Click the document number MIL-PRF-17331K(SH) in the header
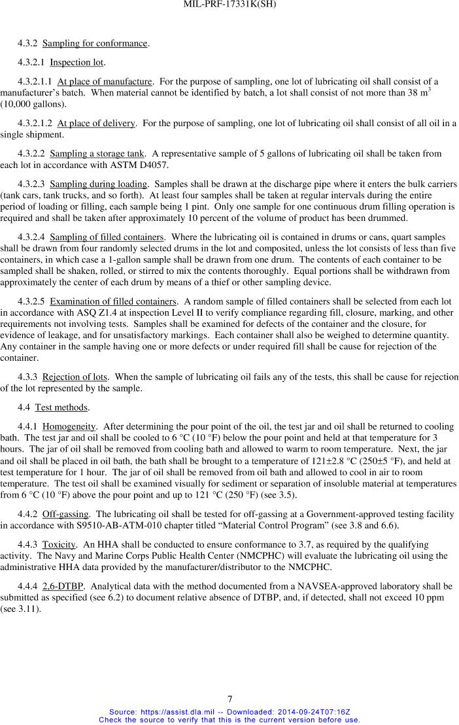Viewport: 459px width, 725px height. pyautogui.click(x=229, y=5)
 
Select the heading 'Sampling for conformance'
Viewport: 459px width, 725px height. pyautogui.click(x=95, y=44)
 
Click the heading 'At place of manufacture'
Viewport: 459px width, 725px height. pyautogui.click(x=105, y=82)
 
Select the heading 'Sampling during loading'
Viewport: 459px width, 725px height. pyautogui.click(x=99, y=184)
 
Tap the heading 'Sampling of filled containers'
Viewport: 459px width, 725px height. pyautogui.click(x=107, y=237)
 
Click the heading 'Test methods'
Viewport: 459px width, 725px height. pyautogui.click(x=61, y=407)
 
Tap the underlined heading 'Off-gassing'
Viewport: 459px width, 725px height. pyautogui.click(x=65, y=514)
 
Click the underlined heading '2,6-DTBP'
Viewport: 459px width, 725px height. pyautogui.click(x=62, y=586)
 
